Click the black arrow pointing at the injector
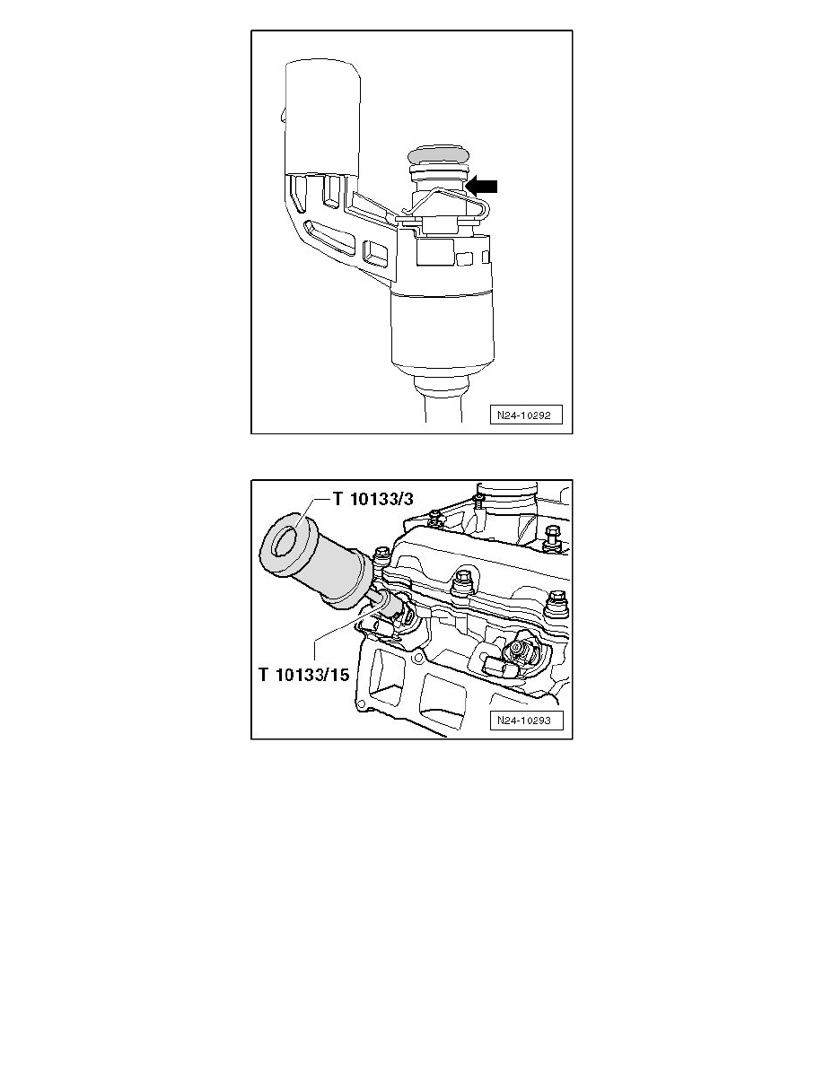pyautogui.click(x=481, y=185)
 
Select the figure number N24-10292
pyautogui.click(x=526, y=415)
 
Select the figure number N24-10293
pyautogui.click(x=526, y=721)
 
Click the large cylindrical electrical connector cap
pyautogui.click(x=324, y=117)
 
